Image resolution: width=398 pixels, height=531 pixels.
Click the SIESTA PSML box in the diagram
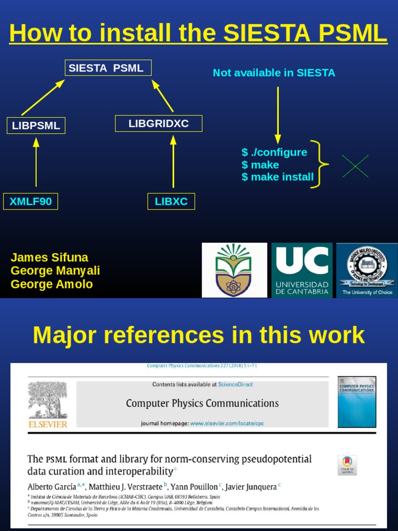coord(108,68)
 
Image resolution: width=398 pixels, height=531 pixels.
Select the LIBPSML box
coord(36,125)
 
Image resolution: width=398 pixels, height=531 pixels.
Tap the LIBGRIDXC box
coord(159,123)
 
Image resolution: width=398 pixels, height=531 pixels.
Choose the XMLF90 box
coord(31,201)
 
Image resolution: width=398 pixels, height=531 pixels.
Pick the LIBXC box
coord(171,201)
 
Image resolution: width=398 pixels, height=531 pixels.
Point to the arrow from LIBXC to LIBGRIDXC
coord(173,162)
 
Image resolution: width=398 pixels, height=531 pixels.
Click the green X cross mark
coord(356,166)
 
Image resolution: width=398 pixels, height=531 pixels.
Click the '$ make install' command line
coord(277,177)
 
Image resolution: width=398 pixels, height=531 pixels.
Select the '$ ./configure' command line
coord(274,152)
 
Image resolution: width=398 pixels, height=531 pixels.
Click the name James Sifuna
coord(49,258)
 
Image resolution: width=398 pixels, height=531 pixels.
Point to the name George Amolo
coord(52,284)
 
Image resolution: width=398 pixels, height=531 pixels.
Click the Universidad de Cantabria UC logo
coord(302,270)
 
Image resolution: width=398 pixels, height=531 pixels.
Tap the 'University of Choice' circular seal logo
coord(367,270)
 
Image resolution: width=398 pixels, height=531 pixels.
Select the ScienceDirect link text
coord(235,384)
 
